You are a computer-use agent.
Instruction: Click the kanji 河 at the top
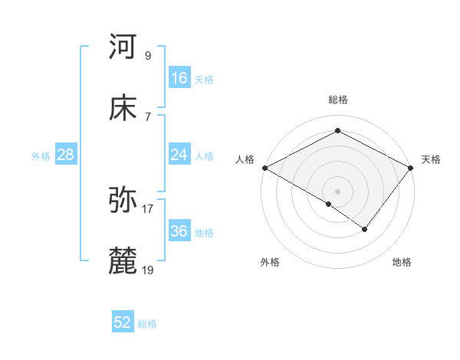123,47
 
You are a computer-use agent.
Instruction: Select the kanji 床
123,109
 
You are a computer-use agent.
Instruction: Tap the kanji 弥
123,201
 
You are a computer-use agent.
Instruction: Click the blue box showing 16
179,78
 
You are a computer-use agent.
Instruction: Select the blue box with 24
179,155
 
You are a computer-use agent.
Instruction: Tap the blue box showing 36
179,231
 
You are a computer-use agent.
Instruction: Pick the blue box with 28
65,155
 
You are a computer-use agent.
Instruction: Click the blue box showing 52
123,323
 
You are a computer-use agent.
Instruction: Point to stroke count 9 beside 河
148,55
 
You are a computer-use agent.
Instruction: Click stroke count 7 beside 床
148,116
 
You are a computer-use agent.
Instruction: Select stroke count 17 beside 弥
148,208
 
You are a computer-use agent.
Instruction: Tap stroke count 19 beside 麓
148,270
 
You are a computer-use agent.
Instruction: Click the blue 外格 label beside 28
41,155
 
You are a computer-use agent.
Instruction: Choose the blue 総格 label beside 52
147,324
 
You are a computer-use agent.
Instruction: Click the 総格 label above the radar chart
338,100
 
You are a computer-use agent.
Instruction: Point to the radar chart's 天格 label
431,159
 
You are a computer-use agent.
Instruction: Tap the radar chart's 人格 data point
264,168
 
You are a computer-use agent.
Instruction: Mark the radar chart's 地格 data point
365,229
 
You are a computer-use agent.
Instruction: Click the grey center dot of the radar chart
338,191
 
